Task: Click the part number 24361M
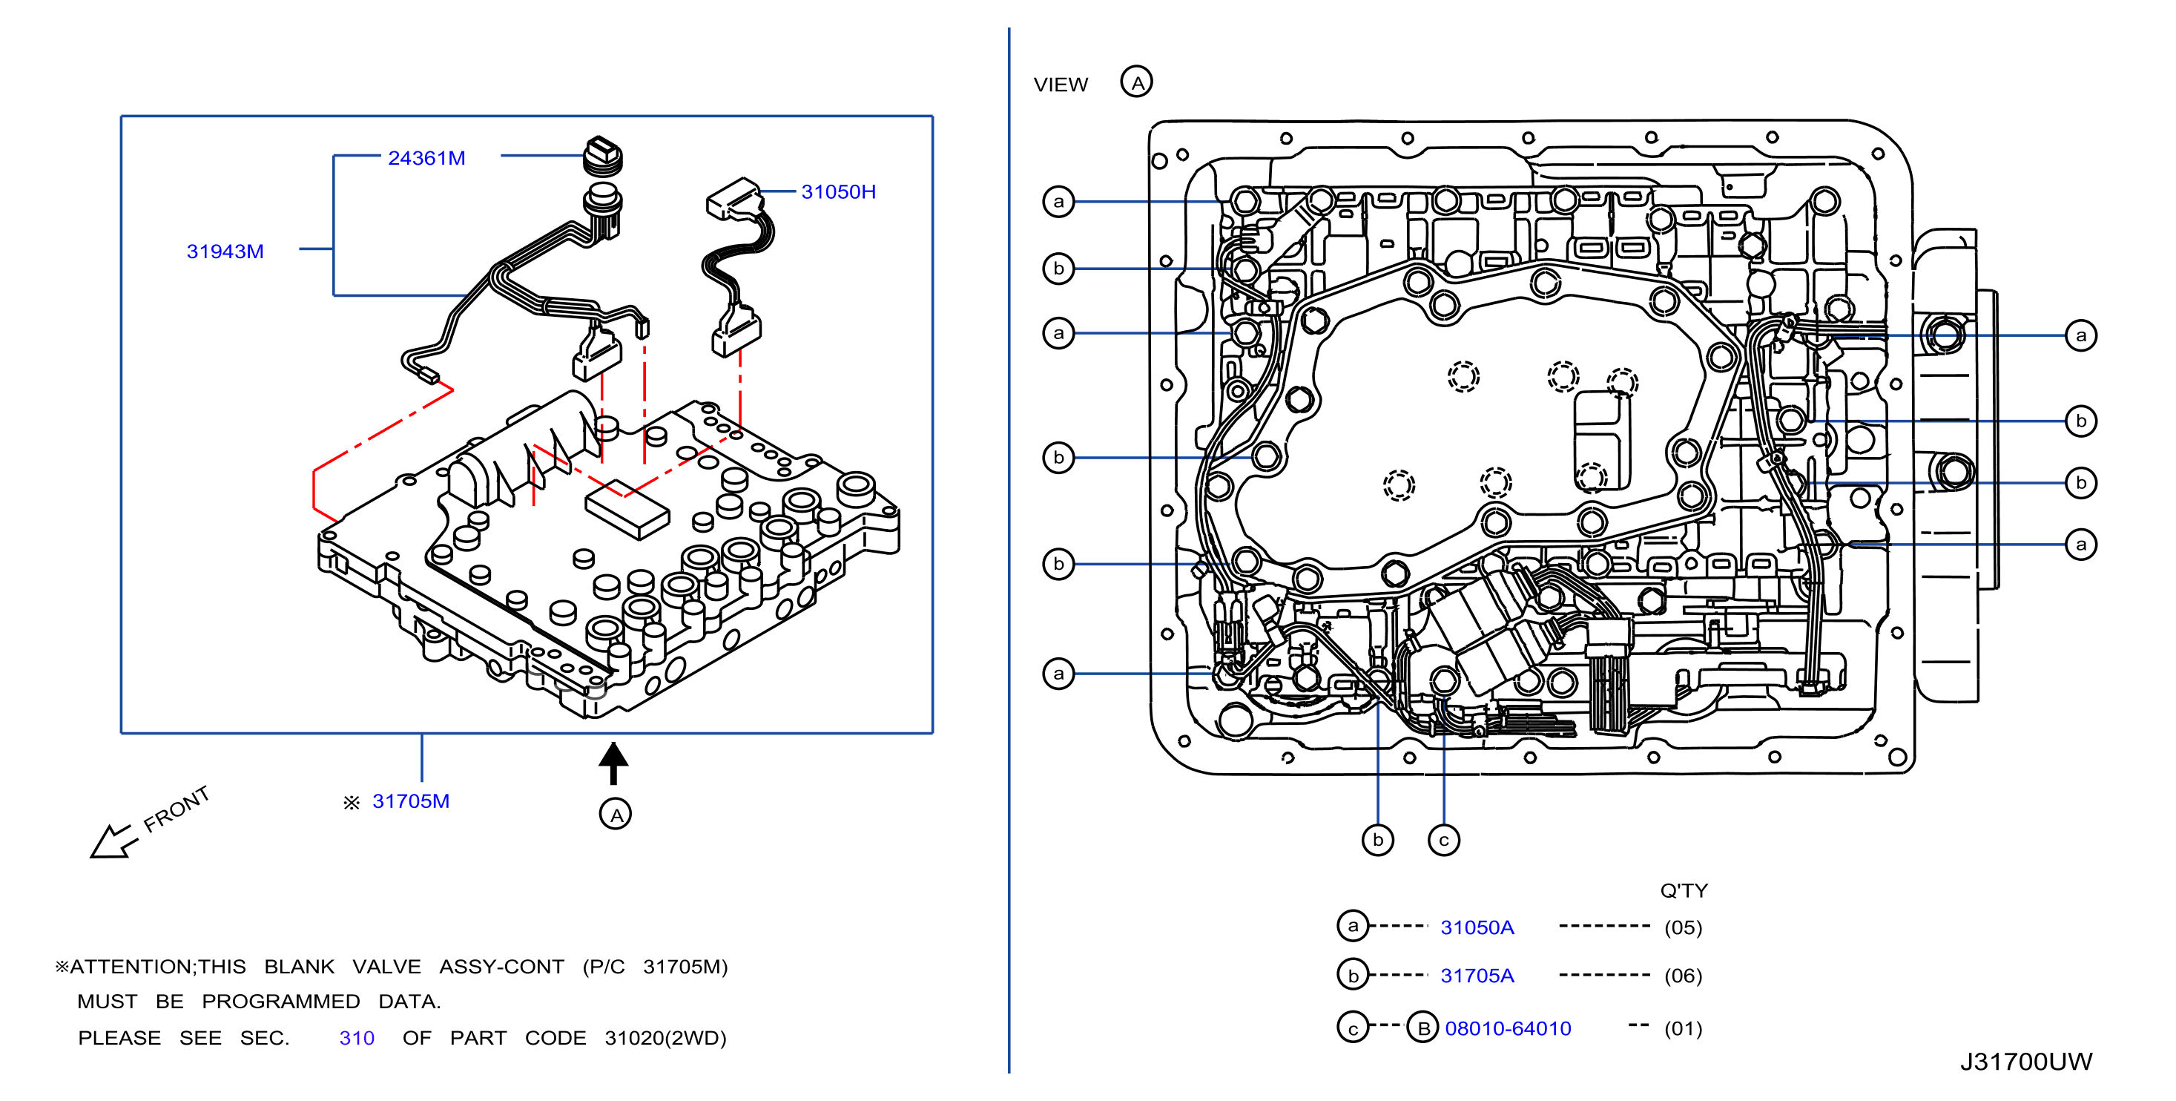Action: (426, 158)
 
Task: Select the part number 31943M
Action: (225, 251)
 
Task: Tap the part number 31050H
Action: (838, 192)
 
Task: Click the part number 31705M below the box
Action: (411, 801)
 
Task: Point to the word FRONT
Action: (176, 809)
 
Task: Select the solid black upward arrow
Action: (613, 763)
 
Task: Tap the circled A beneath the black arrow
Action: (615, 814)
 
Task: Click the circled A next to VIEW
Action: (1136, 82)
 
